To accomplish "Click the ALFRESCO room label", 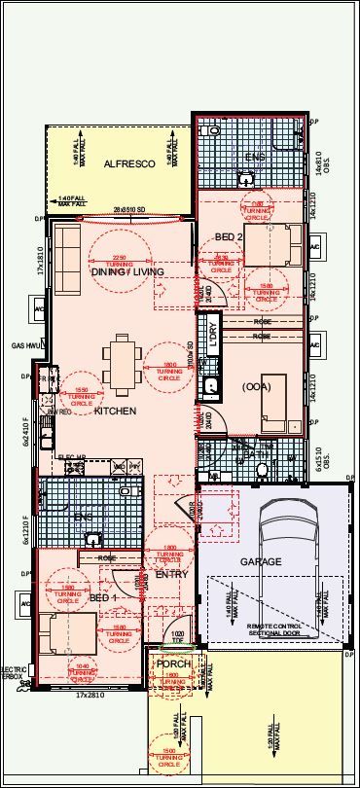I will click(x=129, y=165).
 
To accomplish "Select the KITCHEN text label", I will click(x=115, y=412).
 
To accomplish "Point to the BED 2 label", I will click(x=229, y=237).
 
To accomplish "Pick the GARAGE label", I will click(x=260, y=561).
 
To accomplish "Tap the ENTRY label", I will click(x=171, y=575).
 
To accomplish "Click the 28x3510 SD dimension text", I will click(x=127, y=210).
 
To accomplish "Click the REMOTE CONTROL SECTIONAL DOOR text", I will click(x=275, y=631).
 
